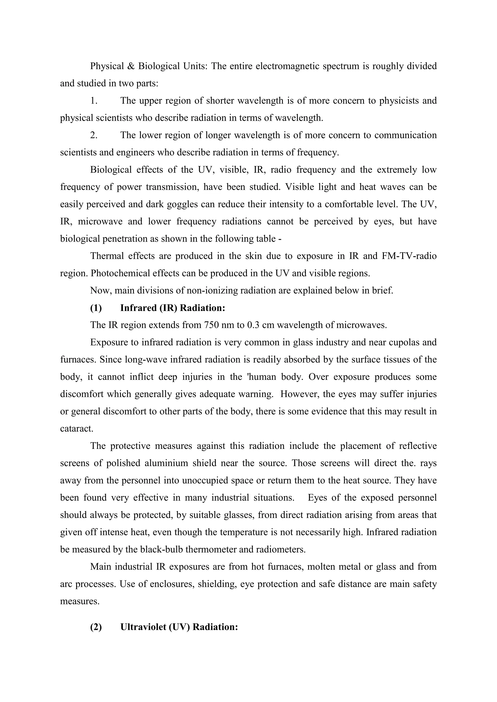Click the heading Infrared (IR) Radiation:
click(172, 308)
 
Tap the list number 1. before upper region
click(94, 101)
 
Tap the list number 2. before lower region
click(94, 135)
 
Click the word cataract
click(76, 428)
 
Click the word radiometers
click(281, 550)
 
